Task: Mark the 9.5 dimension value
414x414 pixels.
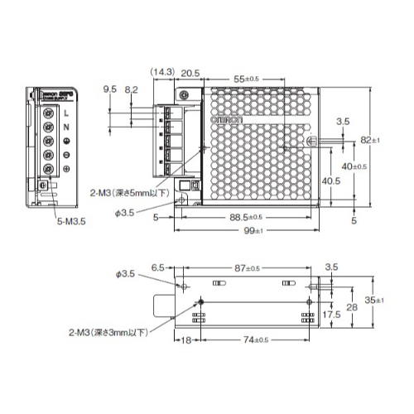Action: point(109,89)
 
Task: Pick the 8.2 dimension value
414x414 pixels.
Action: point(131,89)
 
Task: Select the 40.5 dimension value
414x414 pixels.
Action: point(308,180)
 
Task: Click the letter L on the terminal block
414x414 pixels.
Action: point(65,112)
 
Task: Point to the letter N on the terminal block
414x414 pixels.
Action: point(65,126)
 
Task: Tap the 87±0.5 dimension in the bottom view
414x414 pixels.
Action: point(248,268)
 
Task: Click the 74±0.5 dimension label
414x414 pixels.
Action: point(254,340)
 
